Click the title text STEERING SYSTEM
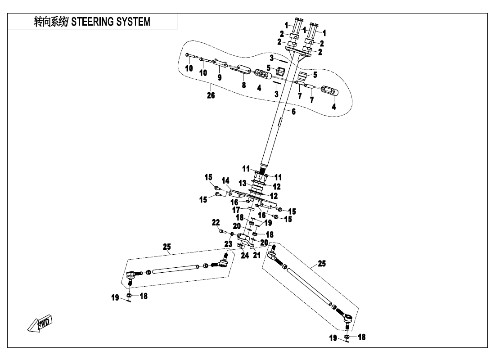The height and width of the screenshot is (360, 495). click(x=111, y=22)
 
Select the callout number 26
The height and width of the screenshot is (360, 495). click(x=211, y=95)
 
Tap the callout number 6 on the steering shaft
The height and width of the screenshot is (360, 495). click(x=293, y=112)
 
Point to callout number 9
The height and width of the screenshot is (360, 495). click(x=220, y=77)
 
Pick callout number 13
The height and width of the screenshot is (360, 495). click(x=243, y=183)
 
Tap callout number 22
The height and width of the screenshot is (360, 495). click(x=216, y=222)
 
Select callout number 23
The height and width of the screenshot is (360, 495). click(x=228, y=244)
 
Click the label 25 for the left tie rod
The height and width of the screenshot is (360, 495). click(x=167, y=247)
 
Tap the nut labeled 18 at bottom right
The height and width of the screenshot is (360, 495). click(x=347, y=337)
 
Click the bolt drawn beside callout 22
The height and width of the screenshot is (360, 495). click(x=222, y=232)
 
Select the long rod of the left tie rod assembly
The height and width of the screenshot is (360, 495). click(x=175, y=269)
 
